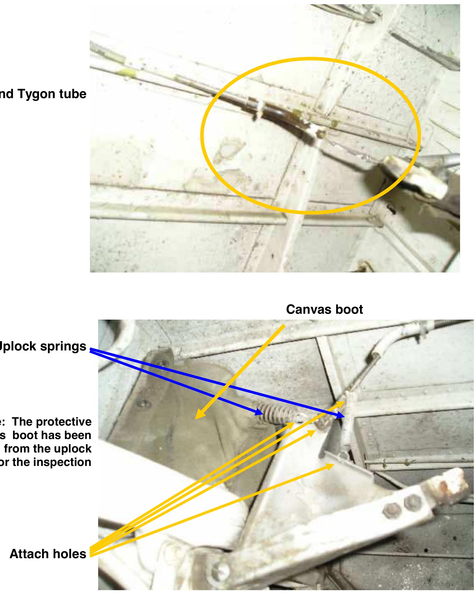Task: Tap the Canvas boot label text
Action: coord(324,310)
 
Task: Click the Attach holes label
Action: coord(48,554)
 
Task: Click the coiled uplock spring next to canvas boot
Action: coord(276,415)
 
